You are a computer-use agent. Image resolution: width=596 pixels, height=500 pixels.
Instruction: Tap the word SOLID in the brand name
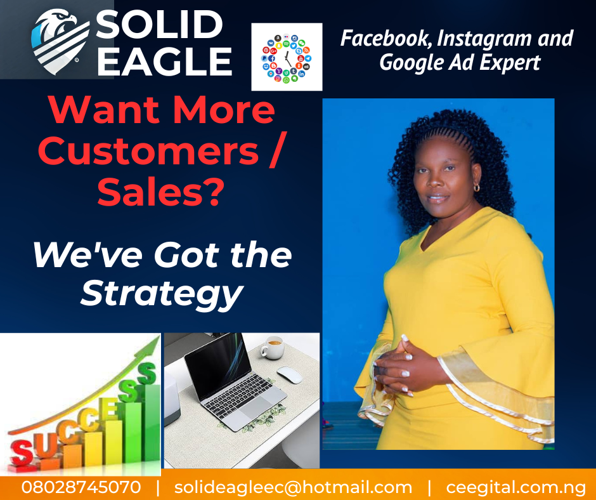click(x=159, y=24)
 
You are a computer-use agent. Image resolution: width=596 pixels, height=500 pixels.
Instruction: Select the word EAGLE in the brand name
click(x=164, y=62)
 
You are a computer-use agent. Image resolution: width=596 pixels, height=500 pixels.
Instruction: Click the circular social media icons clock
click(x=286, y=58)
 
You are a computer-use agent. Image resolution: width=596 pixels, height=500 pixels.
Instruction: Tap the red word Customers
click(x=148, y=152)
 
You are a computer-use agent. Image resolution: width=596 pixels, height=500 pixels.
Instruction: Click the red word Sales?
click(x=159, y=192)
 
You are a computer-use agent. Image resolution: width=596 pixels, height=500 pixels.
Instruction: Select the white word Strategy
click(x=162, y=293)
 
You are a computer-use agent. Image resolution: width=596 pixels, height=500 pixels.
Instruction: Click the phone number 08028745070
click(x=81, y=487)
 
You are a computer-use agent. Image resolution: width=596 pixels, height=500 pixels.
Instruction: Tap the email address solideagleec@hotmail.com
click(x=293, y=488)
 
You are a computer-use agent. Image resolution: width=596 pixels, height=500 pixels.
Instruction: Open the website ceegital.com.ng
click(x=516, y=488)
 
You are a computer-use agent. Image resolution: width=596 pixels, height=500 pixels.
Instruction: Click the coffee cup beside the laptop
click(x=272, y=348)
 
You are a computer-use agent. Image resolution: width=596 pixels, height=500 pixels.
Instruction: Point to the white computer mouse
click(x=289, y=374)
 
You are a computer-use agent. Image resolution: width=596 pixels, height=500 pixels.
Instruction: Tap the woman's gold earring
click(x=476, y=187)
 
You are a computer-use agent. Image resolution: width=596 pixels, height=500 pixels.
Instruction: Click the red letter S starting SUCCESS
click(x=22, y=454)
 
